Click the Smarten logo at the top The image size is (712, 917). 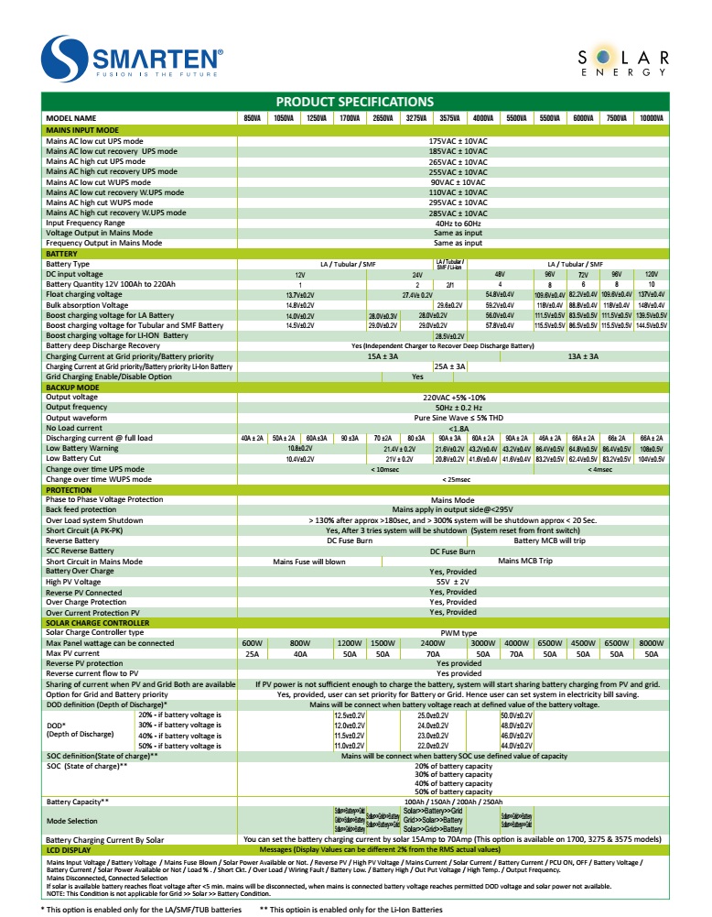[133, 58]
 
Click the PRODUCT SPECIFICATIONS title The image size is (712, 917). [355, 101]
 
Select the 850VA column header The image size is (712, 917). [252, 118]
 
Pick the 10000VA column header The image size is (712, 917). [652, 118]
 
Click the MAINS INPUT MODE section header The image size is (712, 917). [82, 131]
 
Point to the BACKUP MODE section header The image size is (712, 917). [73, 388]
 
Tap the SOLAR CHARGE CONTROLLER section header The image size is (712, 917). [97, 623]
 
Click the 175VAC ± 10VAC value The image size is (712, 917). [458, 141]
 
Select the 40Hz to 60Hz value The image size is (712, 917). [458, 223]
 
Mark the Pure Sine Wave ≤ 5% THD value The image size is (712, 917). [458, 418]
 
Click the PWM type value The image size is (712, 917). [458, 632]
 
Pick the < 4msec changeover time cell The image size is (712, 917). [601, 469]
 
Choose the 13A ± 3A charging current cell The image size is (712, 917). [583, 356]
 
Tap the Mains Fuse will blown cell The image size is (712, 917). [309, 562]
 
